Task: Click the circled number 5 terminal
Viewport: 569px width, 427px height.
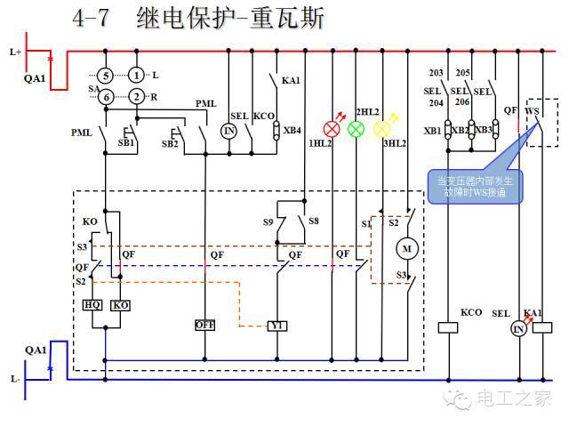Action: click(x=106, y=75)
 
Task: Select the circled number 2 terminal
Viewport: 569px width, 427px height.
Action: click(x=135, y=96)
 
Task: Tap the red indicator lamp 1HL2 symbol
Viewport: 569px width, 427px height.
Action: click(x=333, y=129)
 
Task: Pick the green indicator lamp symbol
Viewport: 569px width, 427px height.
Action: click(x=357, y=129)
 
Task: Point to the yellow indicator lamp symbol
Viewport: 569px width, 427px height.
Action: click(x=381, y=129)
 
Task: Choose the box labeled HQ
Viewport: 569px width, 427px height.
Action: click(x=92, y=304)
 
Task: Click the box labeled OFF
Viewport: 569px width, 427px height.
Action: click(x=205, y=326)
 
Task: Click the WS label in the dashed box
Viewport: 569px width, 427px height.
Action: click(x=533, y=111)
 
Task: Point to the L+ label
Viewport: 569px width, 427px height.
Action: click(x=16, y=52)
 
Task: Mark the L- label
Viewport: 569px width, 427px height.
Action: click(x=16, y=378)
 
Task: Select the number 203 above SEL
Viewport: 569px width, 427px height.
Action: click(x=436, y=73)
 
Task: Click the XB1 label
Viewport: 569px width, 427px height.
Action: click(x=432, y=131)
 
